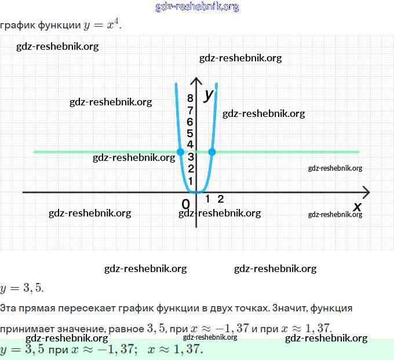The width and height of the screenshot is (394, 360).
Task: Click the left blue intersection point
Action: [x=180, y=152]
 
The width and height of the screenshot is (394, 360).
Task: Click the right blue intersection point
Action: [x=212, y=152]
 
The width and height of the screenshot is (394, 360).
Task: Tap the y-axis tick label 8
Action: [x=190, y=99]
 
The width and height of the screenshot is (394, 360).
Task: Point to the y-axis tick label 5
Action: [x=190, y=133]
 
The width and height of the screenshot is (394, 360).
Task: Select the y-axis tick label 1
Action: [x=190, y=181]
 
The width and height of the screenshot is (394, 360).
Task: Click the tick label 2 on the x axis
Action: [x=221, y=199]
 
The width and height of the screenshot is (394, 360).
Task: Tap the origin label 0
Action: [x=185, y=204]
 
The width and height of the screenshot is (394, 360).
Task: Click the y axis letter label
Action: [x=209, y=95]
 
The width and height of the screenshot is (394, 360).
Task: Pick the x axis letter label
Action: [x=357, y=207]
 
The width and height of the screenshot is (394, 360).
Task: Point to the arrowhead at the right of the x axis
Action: [x=366, y=192]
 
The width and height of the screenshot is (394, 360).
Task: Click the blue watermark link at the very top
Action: [x=197, y=7]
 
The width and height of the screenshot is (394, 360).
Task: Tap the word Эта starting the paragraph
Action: [x=9, y=308]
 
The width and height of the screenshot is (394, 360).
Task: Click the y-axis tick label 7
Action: [x=190, y=110]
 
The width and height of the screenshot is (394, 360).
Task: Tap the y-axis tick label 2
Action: [x=190, y=168]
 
